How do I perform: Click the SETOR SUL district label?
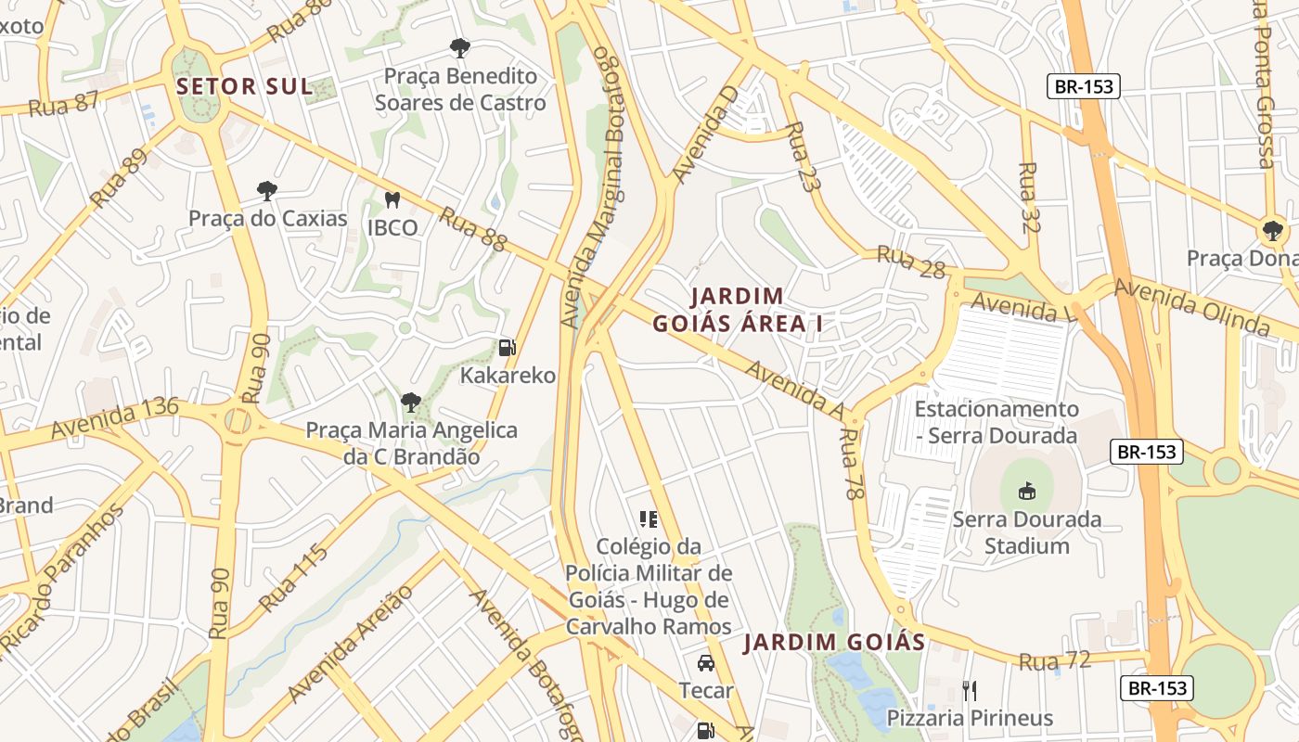tap(244, 86)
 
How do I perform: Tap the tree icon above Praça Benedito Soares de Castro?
tap(459, 47)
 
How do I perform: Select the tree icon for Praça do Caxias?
tap(267, 191)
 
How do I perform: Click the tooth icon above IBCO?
tap(392, 199)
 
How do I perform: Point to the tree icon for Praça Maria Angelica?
tap(411, 403)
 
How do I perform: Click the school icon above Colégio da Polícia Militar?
tap(648, 519)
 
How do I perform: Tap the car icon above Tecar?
tap(705, 663)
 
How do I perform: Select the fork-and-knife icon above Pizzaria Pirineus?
tap(970, 690)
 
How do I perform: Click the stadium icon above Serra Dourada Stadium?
tap(1027, 491)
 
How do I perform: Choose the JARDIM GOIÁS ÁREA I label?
tap(738, 310)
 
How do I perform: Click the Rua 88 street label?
tap(473, 229)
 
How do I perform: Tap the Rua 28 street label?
tap(910, 262)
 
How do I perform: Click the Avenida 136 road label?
tap(115, 418)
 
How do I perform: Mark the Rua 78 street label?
tap(853, 464)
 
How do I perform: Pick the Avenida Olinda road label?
tap(1191, 306)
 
